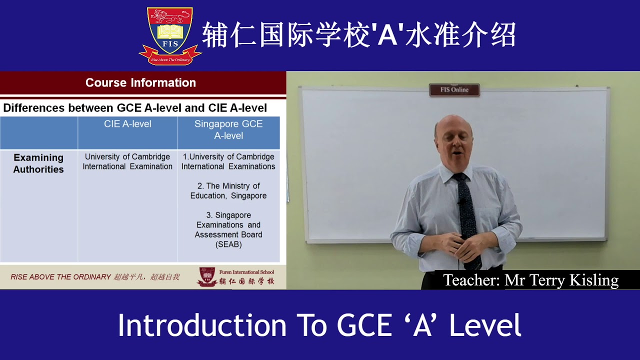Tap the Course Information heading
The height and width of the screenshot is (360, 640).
140,83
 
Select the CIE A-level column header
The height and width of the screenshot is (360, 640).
127,124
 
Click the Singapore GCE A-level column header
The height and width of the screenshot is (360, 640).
228,129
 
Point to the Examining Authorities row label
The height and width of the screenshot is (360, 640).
38,163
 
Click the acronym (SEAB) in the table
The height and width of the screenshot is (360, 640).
228,244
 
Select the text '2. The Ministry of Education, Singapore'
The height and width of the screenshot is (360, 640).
228,190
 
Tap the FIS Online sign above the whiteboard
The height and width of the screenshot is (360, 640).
454,90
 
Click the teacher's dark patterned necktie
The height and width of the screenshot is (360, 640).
467,210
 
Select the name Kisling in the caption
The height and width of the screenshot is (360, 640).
594,280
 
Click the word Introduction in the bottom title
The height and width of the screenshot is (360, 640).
202,325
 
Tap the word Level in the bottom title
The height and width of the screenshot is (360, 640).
485,325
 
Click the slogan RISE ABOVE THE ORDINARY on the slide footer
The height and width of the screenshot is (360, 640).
60,277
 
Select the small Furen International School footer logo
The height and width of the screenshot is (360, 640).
207,277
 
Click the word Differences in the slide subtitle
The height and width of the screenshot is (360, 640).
34,108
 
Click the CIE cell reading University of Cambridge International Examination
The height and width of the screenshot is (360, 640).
127,161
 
